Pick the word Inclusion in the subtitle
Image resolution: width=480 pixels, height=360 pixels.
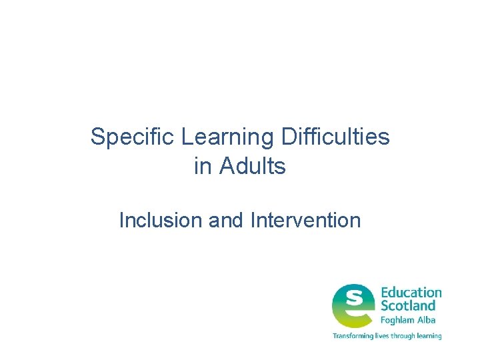[161, 220]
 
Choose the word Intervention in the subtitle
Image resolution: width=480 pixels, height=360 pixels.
[306, 220]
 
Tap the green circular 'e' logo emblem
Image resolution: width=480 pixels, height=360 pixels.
[353, 306]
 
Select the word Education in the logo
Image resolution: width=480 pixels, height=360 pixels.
[411, 293]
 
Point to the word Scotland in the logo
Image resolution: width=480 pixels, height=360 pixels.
[407, 306]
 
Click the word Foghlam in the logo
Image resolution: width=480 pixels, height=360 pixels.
[398, 320]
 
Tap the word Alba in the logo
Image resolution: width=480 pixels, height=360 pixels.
[427, 320]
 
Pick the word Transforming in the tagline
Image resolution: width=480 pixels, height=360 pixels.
[353, 336]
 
